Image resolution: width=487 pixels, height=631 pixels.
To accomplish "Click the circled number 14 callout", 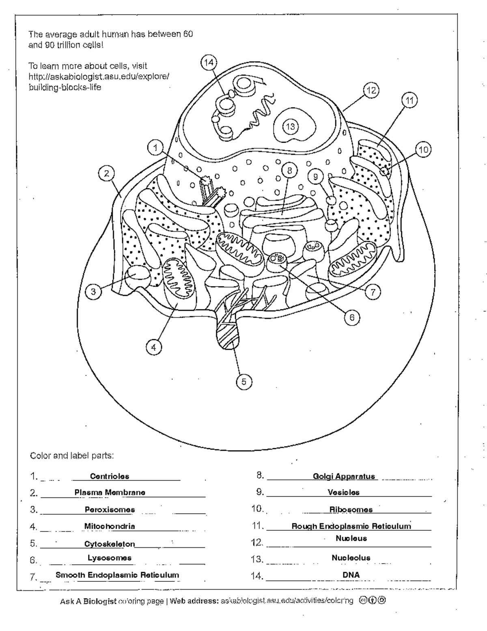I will (209, 62).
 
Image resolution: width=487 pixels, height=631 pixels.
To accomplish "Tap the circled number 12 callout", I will (371, 90).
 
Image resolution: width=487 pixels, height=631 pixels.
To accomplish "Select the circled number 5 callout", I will (244, 382).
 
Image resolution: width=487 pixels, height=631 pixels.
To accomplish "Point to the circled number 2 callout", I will (106, 174).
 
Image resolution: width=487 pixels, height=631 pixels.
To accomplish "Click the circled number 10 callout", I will (423, 150).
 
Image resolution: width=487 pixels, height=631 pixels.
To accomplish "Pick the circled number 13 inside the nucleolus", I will (291, 126).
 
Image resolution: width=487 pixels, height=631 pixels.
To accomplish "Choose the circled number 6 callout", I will (352, 317).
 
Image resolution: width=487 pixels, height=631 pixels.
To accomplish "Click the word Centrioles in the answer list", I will (110, 476).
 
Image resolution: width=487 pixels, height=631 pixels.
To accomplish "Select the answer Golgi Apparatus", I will (344, 476).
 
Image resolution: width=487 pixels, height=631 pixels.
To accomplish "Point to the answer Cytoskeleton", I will (110, 544).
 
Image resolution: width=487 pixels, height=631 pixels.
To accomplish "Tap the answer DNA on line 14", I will (351, 575).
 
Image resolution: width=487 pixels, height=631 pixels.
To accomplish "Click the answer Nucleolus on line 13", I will (351, 558).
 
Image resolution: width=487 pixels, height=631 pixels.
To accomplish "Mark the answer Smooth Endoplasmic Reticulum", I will (117, 575).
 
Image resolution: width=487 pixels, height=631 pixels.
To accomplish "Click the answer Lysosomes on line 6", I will (110, 558).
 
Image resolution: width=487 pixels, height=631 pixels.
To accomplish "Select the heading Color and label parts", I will (72, 455).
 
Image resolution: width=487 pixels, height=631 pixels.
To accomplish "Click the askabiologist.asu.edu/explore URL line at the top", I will (99, 76).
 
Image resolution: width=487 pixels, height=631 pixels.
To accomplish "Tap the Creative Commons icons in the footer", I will (372, 601).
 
